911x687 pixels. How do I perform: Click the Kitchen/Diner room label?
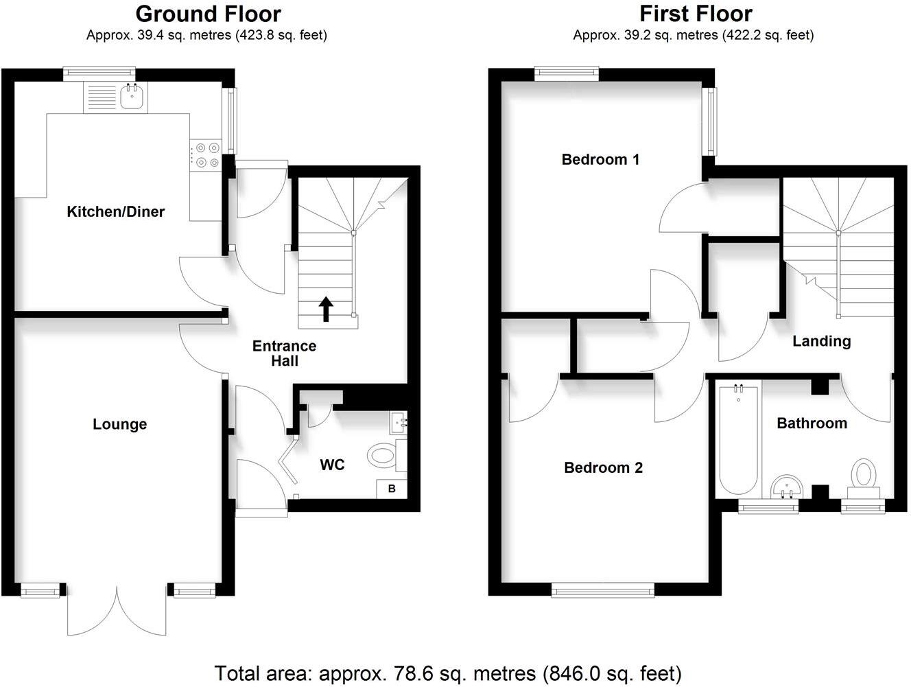(x=115, y=212)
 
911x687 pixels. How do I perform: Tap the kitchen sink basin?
(x=131, y=98)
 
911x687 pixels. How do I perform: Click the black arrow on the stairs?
(x=326, y=310)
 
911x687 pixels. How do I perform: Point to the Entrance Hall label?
(x=284, y=353)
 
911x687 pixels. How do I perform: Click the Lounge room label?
(x=119, y=425)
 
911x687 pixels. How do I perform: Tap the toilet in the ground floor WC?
(x=382, y=454)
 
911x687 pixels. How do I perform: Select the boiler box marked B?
(x=392, y=489)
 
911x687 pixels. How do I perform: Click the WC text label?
(x=332, y=465)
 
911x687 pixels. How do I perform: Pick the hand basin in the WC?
(x=398, y=423)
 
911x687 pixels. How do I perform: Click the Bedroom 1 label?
(x=600, y=160)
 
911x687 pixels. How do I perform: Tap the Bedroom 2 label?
(x=603, y=468)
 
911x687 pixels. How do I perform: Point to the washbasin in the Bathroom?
(x=786, y=487)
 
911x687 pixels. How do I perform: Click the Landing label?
(x=821, y=341)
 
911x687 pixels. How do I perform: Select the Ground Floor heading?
(x=208, y=14)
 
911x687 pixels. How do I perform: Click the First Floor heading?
(x=696, y=14)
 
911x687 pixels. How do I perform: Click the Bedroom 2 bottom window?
(x=603, y=589)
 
